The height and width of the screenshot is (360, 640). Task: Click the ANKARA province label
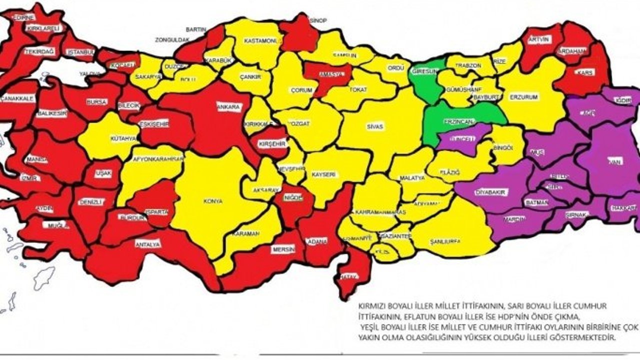[228, 106]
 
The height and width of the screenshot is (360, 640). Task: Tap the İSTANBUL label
[80, 52]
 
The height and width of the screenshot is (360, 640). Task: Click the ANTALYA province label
[147, 244]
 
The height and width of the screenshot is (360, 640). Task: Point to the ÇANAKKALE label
[17, 98]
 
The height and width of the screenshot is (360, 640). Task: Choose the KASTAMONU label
[261, 41]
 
